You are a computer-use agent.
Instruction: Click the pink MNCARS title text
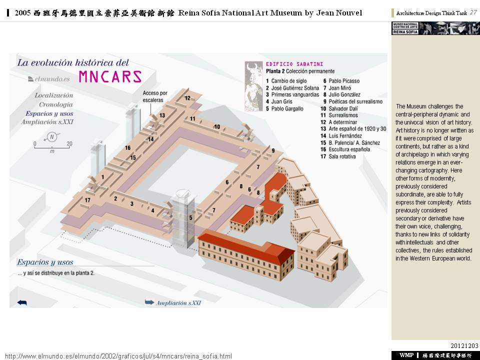(x=110, y=76)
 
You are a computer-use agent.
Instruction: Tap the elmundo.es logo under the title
(x=45, y=78)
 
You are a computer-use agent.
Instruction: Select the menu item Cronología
(x=55, y=104)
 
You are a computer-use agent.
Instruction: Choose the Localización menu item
(x=53, y=95)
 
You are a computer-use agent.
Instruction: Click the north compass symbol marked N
(x=51, y=136)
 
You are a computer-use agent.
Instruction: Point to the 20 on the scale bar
(x=69, y=144)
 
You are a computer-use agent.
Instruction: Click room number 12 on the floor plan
(x=187, y=98)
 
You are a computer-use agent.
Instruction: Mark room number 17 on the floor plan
(x=87, y=200)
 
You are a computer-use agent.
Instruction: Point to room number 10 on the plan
(x=217, y=127)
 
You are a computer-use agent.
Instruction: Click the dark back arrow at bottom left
(x=22, y=302)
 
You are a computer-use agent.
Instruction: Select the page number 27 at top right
(x=473, y=12)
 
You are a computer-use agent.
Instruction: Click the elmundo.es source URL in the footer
(x=118, y=356)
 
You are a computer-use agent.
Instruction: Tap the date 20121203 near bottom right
(x=464, y=346)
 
